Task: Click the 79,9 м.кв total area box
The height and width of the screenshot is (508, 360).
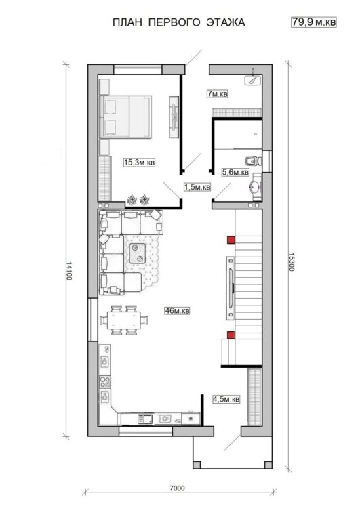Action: (313, 22)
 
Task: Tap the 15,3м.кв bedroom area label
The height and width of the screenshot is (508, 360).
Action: (139, 163)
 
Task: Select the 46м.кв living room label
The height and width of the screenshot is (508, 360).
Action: (177, 310)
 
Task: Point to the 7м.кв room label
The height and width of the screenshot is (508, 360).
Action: (218, 94)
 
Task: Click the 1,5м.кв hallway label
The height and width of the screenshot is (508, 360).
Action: (197, 187)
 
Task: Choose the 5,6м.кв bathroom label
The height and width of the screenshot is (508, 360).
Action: (235, 172)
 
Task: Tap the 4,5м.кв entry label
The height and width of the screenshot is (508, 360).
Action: (226, 399)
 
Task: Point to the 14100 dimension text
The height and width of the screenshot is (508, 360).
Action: (69, 271)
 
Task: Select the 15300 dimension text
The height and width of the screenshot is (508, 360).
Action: (291, 261)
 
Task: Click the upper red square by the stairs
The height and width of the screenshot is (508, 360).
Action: (231, 239)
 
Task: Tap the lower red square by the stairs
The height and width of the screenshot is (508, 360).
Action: (231, 335)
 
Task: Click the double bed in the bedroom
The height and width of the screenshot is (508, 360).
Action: (125, 117)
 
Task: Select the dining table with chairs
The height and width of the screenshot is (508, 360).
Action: (123, 320)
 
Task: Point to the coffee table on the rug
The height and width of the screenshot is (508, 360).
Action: (138, 253)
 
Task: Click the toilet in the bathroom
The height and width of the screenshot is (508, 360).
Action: (252, 161)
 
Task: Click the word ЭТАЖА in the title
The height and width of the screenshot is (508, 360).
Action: (225, 22)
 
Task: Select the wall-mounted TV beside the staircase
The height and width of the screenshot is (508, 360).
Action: (231, 287)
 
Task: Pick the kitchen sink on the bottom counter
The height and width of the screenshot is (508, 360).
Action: (145, 418)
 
